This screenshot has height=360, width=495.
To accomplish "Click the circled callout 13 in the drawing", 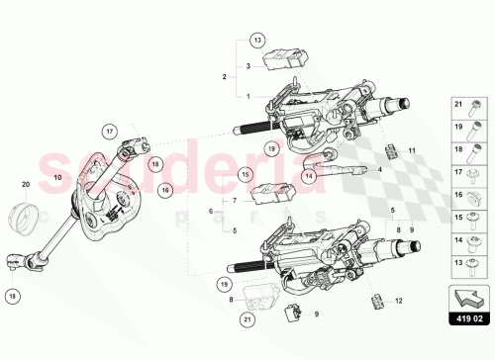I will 257,40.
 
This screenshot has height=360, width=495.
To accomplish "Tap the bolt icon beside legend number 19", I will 477,128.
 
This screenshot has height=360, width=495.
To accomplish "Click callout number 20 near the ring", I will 27,184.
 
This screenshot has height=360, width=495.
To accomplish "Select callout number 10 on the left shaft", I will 57,177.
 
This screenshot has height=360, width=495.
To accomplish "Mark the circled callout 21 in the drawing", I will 246,319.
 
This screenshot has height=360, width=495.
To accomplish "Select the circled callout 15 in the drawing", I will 246,175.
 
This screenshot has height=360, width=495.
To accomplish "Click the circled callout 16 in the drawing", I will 166,188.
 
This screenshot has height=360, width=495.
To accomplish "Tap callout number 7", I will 235,201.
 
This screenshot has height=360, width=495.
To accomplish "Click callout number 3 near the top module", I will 248,64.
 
